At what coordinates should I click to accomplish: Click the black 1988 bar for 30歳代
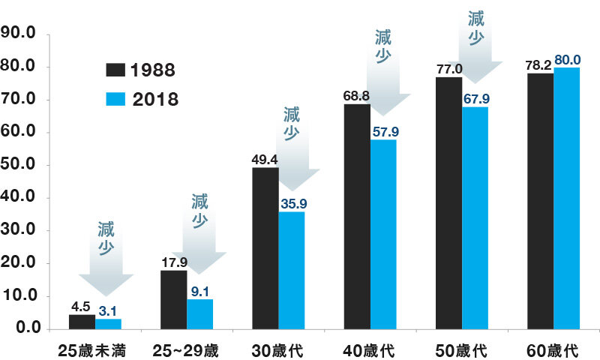click(x=265, y=247)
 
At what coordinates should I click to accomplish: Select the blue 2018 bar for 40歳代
click(x=383, y=234)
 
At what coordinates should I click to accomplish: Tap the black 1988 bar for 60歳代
click(x=540, y=200)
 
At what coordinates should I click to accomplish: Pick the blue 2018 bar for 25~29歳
click(x=200, y=313)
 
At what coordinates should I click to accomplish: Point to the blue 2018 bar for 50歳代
click(x=475, y=217)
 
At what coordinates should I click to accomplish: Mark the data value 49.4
click(x=265, y=159)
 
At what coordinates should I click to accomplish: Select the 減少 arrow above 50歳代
click(x=475, y=37)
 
